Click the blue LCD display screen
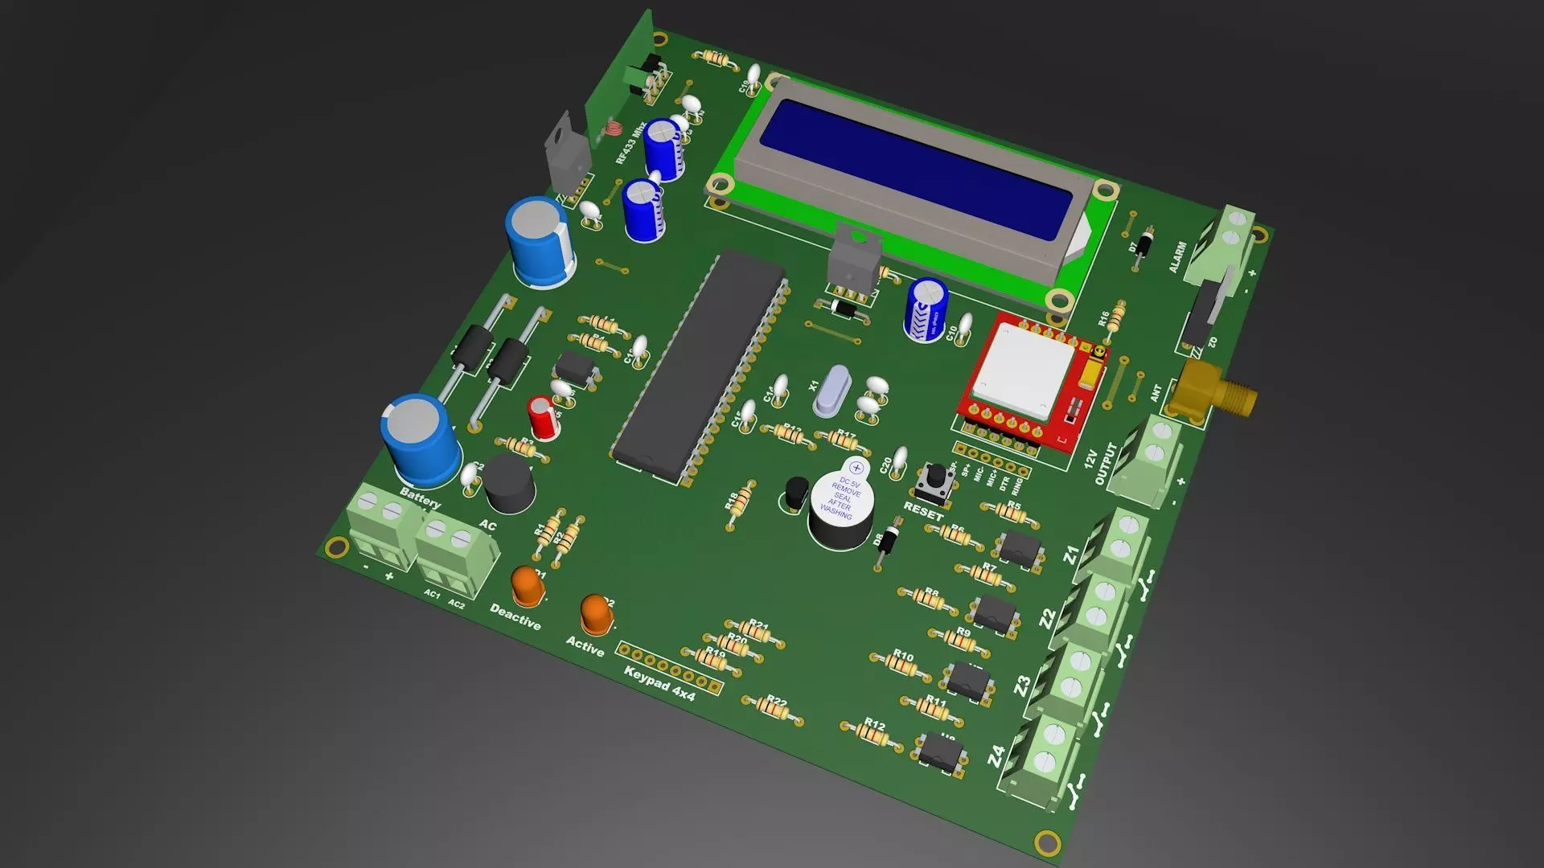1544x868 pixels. click(x=917, y=170)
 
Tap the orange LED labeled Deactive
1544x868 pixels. click(x=528, y=586)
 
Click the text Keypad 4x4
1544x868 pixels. click(x=659, y=684)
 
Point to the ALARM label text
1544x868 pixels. click(x=1177, y=257)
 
